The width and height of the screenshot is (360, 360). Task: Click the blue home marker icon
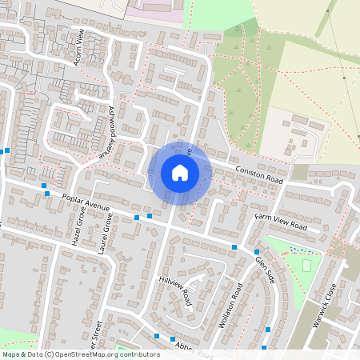pos(179,172)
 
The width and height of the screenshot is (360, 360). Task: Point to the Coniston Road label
pos(260,173)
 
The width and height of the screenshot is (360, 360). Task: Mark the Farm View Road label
pos(281,222)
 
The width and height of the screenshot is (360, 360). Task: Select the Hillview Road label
pos(176,292)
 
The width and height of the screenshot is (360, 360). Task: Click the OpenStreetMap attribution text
pos(81,354)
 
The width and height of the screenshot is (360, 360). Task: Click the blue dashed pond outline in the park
pos(302,250)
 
